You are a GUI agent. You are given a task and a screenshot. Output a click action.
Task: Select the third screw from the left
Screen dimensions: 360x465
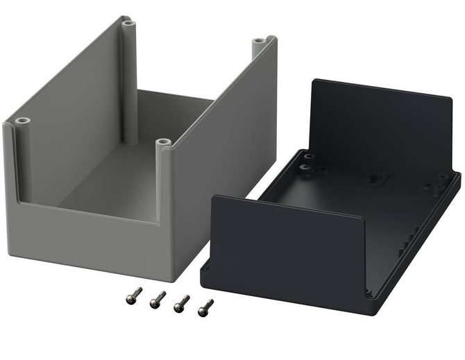[x=181, y=303]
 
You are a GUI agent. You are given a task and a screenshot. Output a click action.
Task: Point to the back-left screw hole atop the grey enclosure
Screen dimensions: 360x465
[x=126, y=23]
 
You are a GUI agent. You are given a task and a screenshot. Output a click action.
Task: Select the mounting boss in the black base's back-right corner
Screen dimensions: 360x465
[x=441, y=182]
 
